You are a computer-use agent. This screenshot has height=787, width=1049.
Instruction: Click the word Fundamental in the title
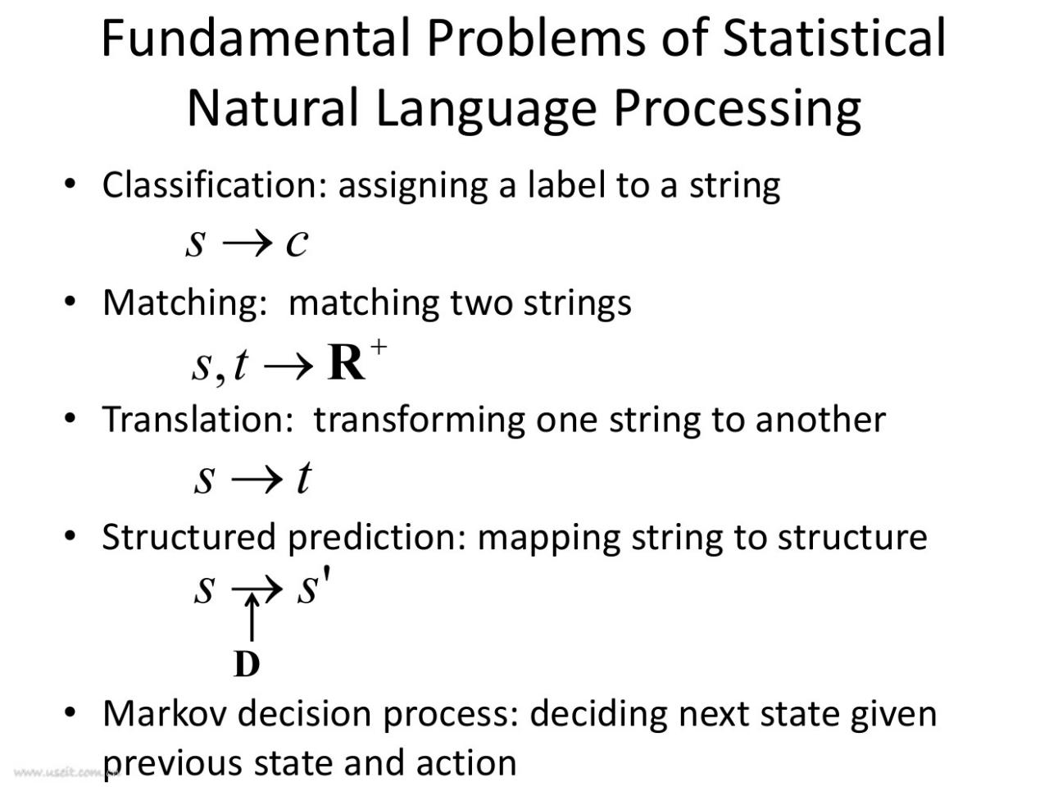click(x=257, y=39)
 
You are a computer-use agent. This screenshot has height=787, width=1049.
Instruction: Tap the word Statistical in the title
click(x=834, y=39)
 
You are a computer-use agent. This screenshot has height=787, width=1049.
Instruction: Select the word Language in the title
click(x=486, y=109)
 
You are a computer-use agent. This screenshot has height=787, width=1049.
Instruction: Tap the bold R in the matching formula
click(x=346, y=362)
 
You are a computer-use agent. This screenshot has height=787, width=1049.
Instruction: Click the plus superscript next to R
click(x=379, y=347)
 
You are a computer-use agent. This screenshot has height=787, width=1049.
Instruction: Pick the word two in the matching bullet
click(x=481, y=303)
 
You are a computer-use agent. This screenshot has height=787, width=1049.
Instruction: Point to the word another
click(x=820, y=420)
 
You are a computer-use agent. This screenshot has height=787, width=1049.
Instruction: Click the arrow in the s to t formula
click(x=257, y=480)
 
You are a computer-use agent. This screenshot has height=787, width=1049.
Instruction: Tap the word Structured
click(x=189, y=537)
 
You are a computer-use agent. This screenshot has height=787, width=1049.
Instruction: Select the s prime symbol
click(x=313, y=587)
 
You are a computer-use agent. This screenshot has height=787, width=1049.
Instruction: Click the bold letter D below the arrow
click(x=247, y=664)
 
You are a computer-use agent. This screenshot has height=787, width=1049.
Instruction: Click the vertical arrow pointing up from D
click(x=252, y=616)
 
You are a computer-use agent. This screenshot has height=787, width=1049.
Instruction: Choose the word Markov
click(x=165, y=714)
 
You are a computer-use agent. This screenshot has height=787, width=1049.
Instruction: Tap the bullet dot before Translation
click(x=70, y=418)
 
